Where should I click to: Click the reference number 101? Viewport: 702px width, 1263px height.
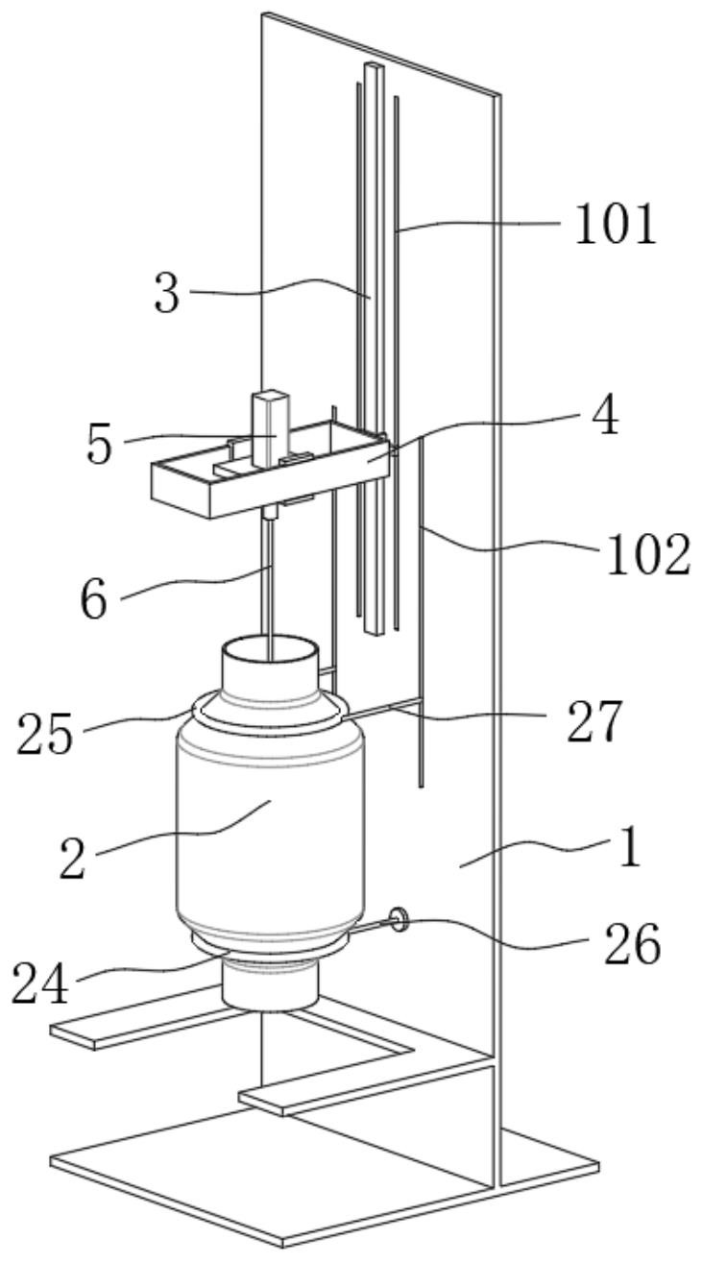(616, 225)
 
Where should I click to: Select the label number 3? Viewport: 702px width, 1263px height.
(167, 295)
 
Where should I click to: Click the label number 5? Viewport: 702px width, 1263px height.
(100, 445)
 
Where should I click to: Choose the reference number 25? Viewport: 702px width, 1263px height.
(46, 735)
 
